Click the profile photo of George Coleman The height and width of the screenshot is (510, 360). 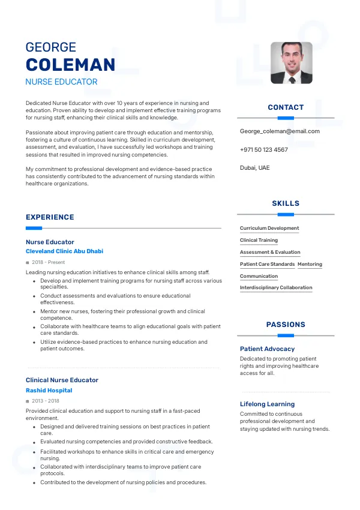[291, 62]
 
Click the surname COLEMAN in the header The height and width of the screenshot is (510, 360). [70, 65]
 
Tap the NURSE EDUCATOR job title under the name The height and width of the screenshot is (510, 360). [61, 82]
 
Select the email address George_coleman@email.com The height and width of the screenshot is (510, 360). [280, 131]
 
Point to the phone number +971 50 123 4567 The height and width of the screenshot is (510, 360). [263, 149]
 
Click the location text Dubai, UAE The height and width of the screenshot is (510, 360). [255, 167]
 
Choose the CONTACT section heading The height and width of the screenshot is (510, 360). [286, 107]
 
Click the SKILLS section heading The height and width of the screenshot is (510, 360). [286, 203]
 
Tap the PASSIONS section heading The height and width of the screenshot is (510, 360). [286, 325]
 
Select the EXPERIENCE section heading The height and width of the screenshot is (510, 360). [50, 217]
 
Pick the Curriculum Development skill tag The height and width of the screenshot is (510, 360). [269, 228]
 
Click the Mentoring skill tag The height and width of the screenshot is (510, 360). [310, 264]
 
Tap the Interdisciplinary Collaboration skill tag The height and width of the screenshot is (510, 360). [276, 288]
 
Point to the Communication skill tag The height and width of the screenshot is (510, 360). [259, 276]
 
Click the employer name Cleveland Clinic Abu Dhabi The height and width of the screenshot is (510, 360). [64, 251]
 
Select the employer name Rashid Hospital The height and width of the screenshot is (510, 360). [49, 391]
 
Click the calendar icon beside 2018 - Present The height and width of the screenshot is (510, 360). [28, 263]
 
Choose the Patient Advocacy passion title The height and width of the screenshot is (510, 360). [267, 349]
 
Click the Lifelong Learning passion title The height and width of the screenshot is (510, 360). [267, 404]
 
